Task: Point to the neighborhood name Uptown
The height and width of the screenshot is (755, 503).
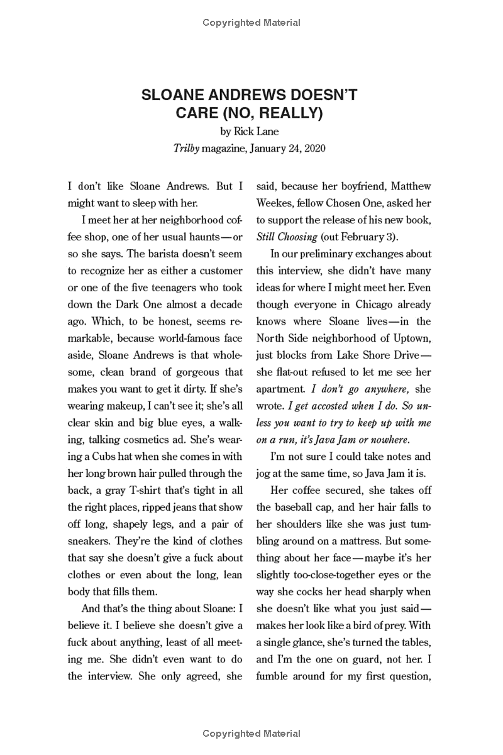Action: tap(411, 338)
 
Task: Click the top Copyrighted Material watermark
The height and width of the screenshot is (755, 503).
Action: tap(251, 23)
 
